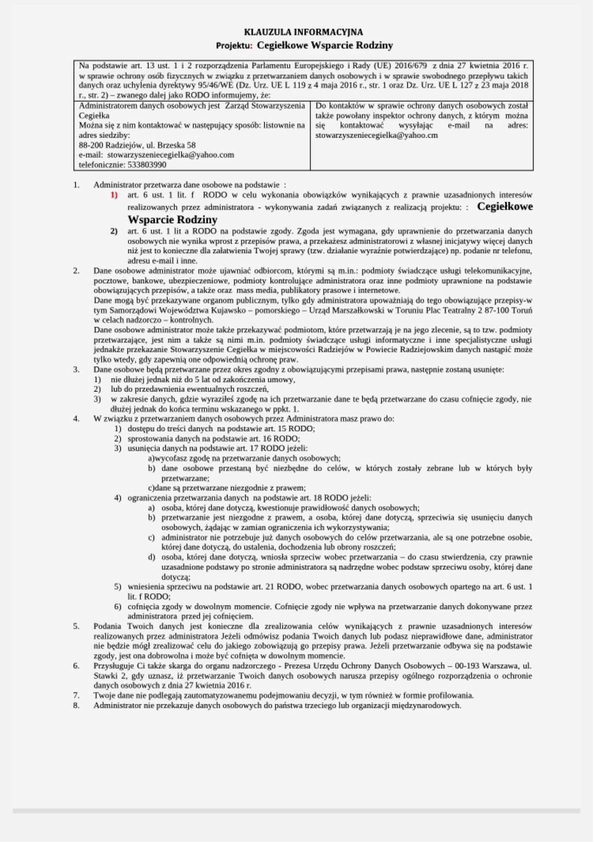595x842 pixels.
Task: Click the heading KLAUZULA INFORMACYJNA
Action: coord(303,32)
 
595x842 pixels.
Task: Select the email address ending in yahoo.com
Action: coord(170,155)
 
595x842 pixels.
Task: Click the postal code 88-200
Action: coord(91,145)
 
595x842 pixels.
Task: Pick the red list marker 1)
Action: coord(114,195)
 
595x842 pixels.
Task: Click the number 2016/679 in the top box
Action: coord(411,66)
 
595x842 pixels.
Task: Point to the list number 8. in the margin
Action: coord(76,705)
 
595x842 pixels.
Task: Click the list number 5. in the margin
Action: coord(76,626)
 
